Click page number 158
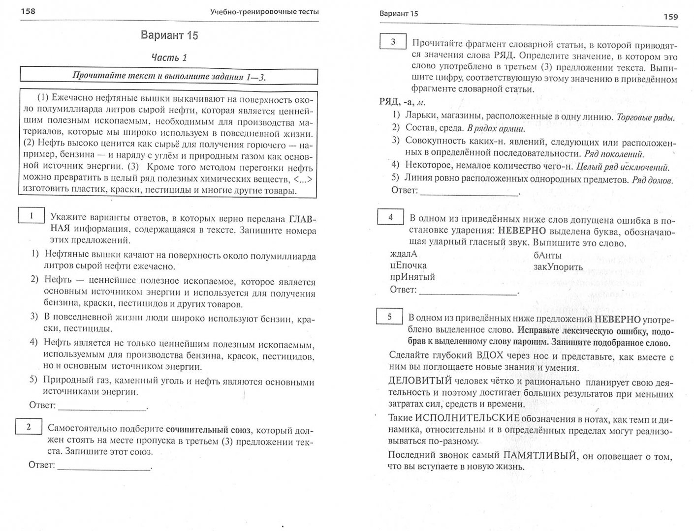pyautogui.click(x=28, y=11)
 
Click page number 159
pyautogui.click(x=670, y=17)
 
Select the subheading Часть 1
pyautogui.click(x=169, y=58)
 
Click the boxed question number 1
pyautogui.click(x=31, y=216)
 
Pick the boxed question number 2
pyautogui.click(x=29, y=427)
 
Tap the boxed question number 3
pyautogui.click(x=393, y=42)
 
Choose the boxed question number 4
pyautogui.click(x=390, y=217)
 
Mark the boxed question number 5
pyautogui.click(x=389, y=317)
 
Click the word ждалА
pyautogui.click(x=403, y=254)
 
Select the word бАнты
pyautogui.click(x=547, y=256)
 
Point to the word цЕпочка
pyautogui.click(x=408, y=265)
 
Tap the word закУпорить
pyautogui.click(x=558, y=267)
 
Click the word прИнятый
pyautogui.click(x=412, y=277)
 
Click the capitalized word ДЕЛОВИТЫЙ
pyautogui.click(x=420, y=381)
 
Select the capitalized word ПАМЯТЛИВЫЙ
pyautogui.click(x=539, y=455)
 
